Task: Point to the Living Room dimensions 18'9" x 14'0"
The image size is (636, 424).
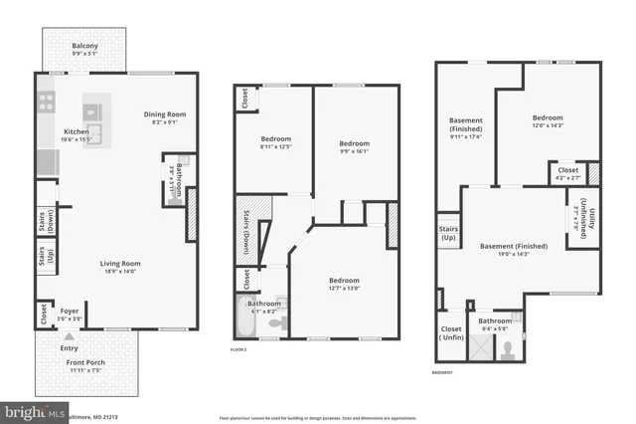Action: [119, 271]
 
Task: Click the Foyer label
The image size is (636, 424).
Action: [69, 311]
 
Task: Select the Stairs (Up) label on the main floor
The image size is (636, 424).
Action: [43, 260]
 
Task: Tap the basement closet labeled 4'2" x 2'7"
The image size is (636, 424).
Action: [567, 174]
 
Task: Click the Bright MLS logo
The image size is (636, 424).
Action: [30, 410]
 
